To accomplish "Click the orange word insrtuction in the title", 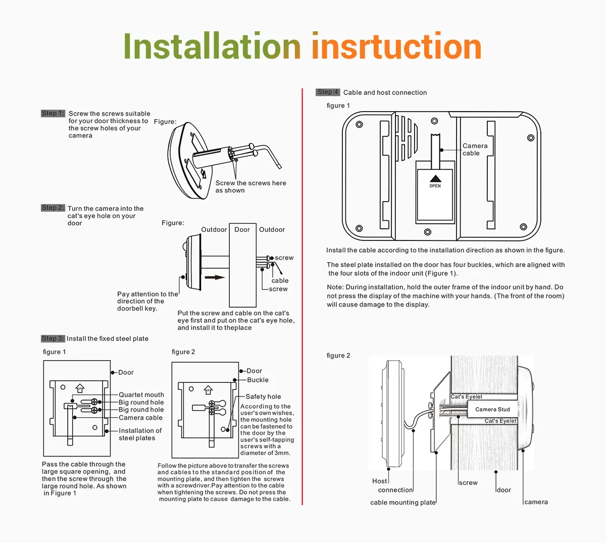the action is pyautogui.click(x=396, y=46).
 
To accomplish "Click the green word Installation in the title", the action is pyautogui.click(x=212, y=46).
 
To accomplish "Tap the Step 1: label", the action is pyautogui.click(x=53, y=114).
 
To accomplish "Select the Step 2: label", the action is pyautogui.click(x=53, y=208).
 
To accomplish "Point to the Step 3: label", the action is pyautogui.click(x=53, y=338).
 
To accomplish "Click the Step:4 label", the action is pyautogui.click(x=328, y=92).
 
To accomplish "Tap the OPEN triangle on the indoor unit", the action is pyautogui.click(x=435, y=179).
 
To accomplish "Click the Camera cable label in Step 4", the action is pyautogui.click(x=475, y=150).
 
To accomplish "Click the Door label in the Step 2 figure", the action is pyautogui.click(x=242, y=229).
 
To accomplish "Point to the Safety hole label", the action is pyautogui.click(x=263, y=397).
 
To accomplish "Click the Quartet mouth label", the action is pyautogui.click(x=141, y=394).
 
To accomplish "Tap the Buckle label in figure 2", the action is pyautogui.click(x=258, y=380).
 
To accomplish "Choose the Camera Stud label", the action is pyautogui.click(x=492, y=409).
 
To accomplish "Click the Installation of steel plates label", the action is pyautogui.click(x=140, y=434).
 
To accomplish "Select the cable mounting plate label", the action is pyautogui.click(x=402, y=502).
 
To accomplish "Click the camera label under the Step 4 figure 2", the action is pyautogui.click(x=536, y=502).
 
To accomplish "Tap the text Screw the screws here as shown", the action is pyautogui.click(x=250, y=186).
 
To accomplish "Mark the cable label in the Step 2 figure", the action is pyautogui.click(x=280, y=280).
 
